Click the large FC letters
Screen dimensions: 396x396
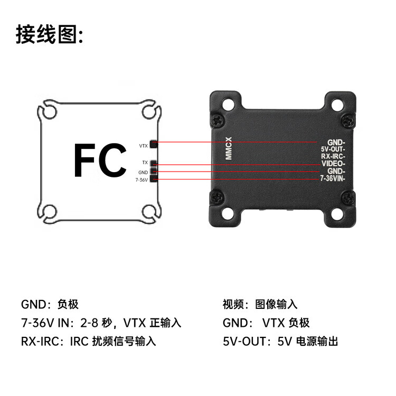[x=100, y=160]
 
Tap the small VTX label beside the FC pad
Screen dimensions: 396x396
[x=144, y=146]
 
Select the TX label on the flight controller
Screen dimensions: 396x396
[x=145, y=163]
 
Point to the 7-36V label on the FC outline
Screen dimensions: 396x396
[x=142, y=180]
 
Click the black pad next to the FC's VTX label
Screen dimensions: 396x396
[x=154, y=144]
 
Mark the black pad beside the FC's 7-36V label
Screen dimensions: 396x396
[x=154, y=179]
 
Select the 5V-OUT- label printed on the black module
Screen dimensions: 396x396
[x=333, y=149]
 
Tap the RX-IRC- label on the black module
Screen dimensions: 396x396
[x=333, y=157]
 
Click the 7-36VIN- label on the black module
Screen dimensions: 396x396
[x=333, y=179]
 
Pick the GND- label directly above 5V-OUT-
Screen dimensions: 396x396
[x=336, y=142]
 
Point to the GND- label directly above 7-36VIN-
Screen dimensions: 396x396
[x=336, y=172]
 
